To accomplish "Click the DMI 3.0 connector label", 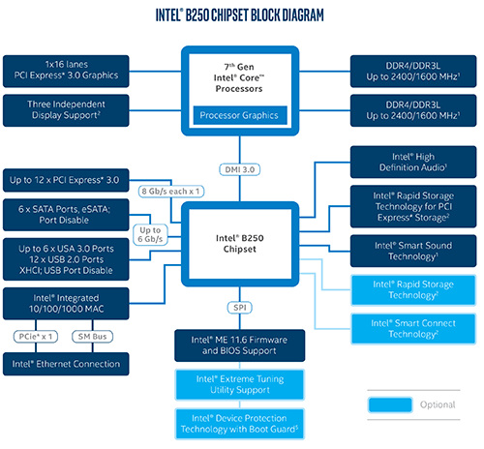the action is (x=240, y=169).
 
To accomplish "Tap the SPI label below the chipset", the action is (x=240, y=308).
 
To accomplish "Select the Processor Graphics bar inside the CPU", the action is (x=240, y=115).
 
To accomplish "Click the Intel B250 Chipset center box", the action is (x=240, y=244).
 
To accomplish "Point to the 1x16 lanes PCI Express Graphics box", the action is (x=66, y=72).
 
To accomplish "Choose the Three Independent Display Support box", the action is (x=66, y=110).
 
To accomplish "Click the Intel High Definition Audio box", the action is (x=413, y=162).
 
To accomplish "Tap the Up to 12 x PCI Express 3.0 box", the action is (x=66, y=180).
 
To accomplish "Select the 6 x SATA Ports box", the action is (x=66, y=215).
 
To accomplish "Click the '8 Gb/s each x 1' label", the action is (x=171, y=192).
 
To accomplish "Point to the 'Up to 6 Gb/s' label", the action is (x=150, y=234).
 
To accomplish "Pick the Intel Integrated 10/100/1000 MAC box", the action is (x=66, y=304).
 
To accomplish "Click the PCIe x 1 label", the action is (x=36, y=337).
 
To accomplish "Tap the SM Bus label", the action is (x=92, y=337).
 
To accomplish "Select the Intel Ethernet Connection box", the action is (x=66, y=364).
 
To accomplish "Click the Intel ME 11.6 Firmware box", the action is (x=240, y=345).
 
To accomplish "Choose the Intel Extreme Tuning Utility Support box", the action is (x=240, y=384).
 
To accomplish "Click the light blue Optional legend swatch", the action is (x=390, y=404).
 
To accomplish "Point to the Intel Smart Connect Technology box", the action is (x=413, y=329).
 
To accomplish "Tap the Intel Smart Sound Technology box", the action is (x=413, y=251).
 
